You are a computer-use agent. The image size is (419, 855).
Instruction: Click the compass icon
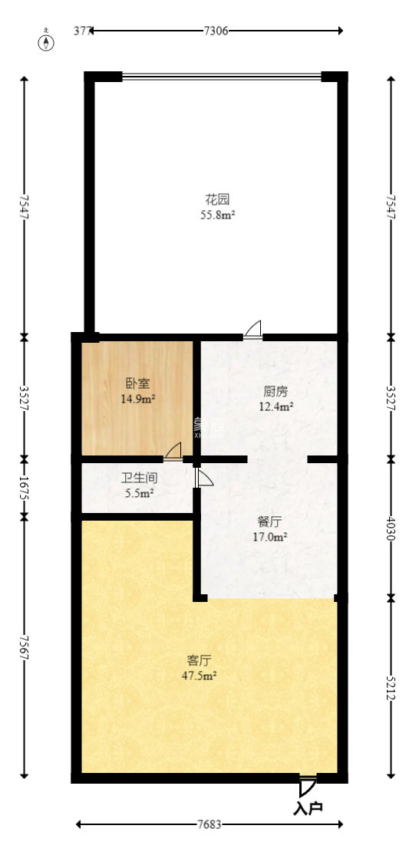click(48, 41)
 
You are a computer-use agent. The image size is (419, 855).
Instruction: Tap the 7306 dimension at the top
click(216, 31)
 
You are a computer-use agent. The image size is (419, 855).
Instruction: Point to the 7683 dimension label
click(209, 825)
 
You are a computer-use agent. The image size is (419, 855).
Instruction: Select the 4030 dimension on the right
click(391, 528)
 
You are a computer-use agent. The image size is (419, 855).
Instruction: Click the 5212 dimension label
click(391, 686)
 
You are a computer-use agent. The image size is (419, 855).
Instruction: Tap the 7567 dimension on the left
click(25, 646)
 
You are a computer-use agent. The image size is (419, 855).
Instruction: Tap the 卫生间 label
click(139, 478)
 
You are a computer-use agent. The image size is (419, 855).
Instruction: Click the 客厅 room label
click(199, 659)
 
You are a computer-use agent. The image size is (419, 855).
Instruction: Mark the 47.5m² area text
click(199, 676)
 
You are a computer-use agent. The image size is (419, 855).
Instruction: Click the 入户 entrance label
click(308, 807)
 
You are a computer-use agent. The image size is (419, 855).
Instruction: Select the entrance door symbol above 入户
click(307, 785)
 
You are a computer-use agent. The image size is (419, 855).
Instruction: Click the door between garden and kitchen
click(253, 330)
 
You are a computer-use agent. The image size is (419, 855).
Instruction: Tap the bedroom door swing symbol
click(173, 452)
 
